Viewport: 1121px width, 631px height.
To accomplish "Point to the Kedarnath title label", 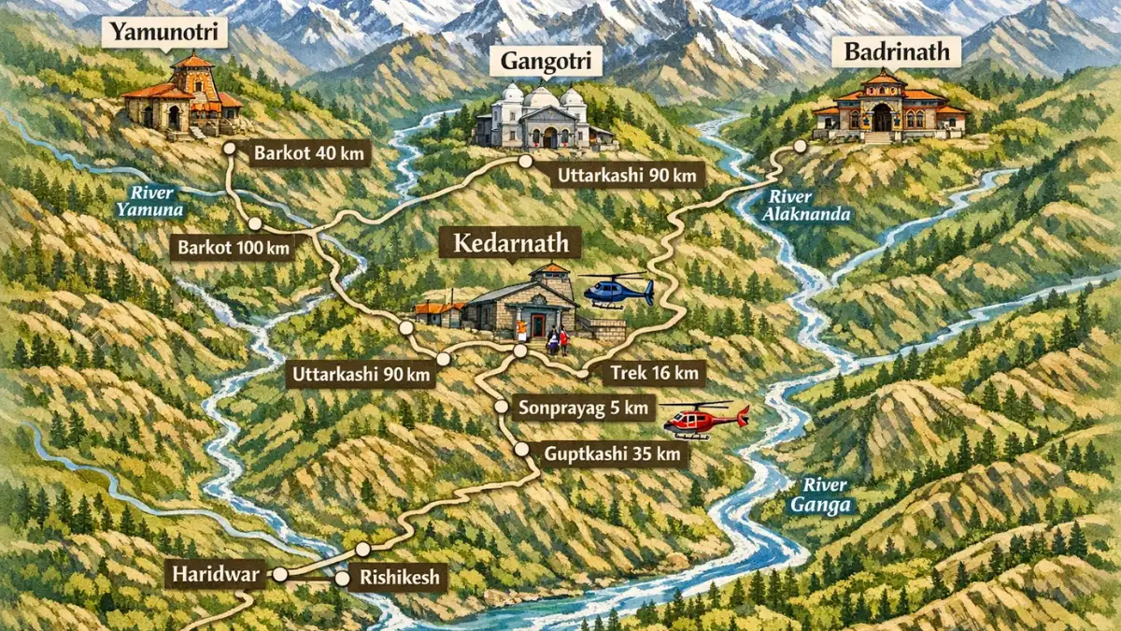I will pyautogui.click(x=510, y=244).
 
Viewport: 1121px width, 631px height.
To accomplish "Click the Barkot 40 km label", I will pyautogui.click(x=309, y=152).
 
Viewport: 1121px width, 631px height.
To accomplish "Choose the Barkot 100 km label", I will pyautogui.click(x=232, y=248).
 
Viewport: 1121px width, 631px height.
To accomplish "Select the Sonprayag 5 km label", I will pyautogui.click(x=583, y=408).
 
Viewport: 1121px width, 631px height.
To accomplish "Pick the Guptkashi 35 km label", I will pyautogui.click(x=614, y=455).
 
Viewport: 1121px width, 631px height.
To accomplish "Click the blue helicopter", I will pyautogui.click(x=617, y=290).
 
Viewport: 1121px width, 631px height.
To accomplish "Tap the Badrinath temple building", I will pyautogui.click(x=885, y=108).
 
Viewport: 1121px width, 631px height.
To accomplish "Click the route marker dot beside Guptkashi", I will pyautogui.click(x=521, y=450).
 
